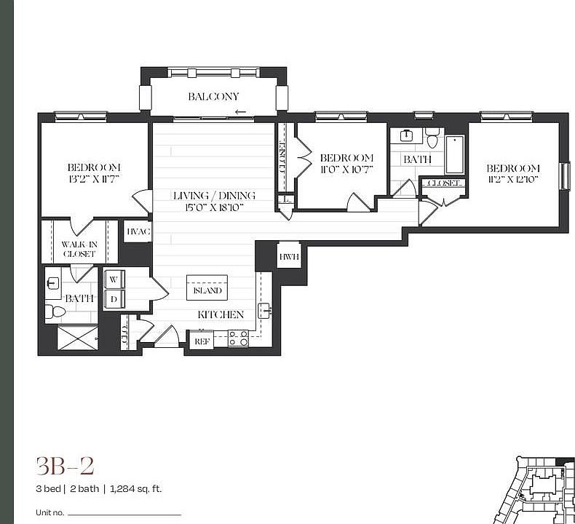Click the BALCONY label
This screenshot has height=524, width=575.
click(x=213, y=97)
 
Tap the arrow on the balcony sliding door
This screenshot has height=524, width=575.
click(x=240, y=113)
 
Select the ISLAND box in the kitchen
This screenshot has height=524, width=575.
click(x=207, y=290)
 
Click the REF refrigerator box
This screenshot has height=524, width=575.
click(x=201, y=341)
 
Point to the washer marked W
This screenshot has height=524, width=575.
click(x=114, y=279)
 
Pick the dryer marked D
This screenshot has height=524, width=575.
click(x=114, y=298)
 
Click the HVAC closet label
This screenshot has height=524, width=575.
click(x=138, y=231)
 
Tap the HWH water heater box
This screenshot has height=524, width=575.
click(x=288, y=257)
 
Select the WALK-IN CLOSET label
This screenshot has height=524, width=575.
click(x=78, y=250)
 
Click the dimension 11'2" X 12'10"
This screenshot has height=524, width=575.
click(x=513, y=180)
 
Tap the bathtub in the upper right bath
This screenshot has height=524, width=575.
click(x=454, y=154)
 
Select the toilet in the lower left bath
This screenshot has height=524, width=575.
click(x=55, y=312)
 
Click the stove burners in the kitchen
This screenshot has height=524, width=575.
click(x=238, y=338)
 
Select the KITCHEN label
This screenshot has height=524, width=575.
click(x=221, y=314)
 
